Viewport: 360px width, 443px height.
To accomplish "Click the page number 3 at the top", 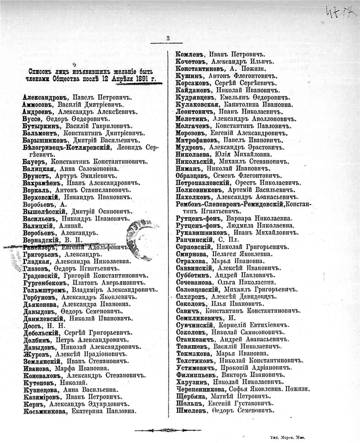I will (168, 38).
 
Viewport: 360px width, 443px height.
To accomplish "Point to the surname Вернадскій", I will (42, 240).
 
